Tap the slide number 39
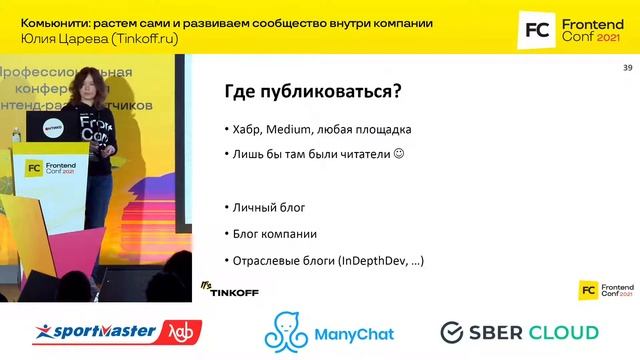coord(627,67)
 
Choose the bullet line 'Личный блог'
coord(267,207)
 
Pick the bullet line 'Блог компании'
coord(274,233)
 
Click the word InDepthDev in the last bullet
coord(368,260)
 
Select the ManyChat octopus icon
coord(285,332)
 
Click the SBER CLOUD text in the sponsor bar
coord(534,332)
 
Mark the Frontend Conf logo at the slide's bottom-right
coord(605,288)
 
